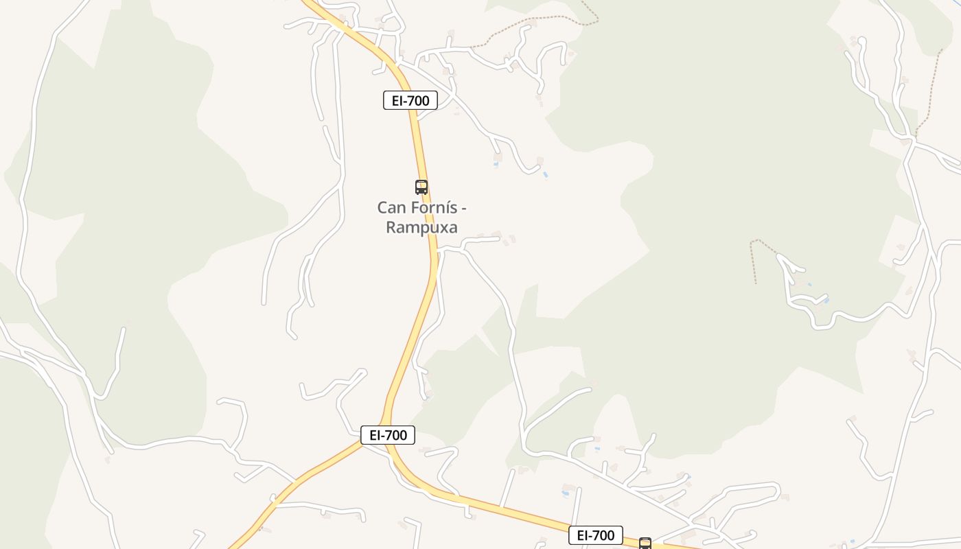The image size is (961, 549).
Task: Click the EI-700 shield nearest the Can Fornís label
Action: point(410,101)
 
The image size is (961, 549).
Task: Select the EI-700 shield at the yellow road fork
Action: point(388,435)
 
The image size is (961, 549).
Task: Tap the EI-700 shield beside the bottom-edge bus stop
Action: point(595,535)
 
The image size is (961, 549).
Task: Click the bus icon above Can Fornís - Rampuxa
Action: point(421,187)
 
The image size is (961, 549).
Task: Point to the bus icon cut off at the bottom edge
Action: point(645,544)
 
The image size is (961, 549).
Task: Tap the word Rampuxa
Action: point(421,227)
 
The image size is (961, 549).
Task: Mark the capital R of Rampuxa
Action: point(391,227)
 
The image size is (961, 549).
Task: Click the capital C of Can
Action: point(382,207)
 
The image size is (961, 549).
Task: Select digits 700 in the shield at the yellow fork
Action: point(397,435)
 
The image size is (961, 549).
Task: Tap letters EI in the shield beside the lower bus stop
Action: point(582,535)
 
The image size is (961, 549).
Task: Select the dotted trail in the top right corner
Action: point(930,89)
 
